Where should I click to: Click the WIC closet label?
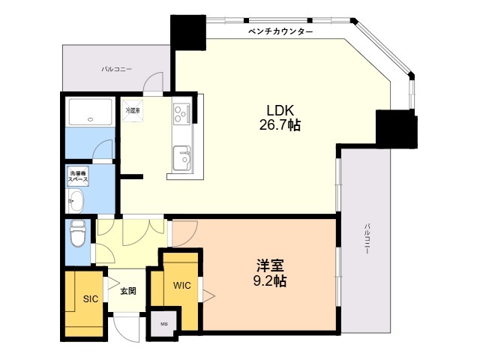pyautogui.click(x=182, y=286)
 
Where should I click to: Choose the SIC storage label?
pyautogui.click(x=90, y=298)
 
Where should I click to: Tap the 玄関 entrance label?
pyautogui.click(x=128, y=291)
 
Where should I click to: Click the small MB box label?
pyautogui.click(x=164, y=324)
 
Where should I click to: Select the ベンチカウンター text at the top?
pyautogui.click(x=280, y=32)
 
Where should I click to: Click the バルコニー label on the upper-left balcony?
pyautogui.click(x=117, y=69)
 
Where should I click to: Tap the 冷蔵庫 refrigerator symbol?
pyautogui.click(x=133, y=111)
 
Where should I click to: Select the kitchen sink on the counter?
pyautogui.click(x=182, y=158)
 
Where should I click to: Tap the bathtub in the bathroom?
pyautogui.click(x=90, y=112)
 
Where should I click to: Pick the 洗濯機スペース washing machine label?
pyautogui.click(x=78, y=178)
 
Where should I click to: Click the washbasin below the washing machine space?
pyautogui.click(x=75, y=200)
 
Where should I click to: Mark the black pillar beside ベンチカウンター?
pyautogui.click(x=187, y=32)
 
